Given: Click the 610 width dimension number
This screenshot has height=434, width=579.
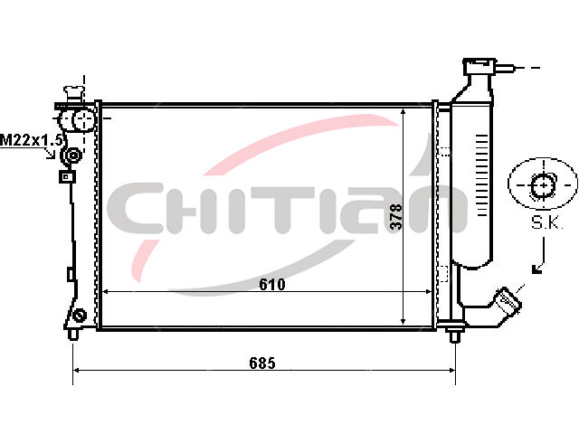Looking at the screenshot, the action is click(272, 284).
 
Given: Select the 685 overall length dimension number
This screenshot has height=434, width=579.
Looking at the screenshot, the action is click(262, 363).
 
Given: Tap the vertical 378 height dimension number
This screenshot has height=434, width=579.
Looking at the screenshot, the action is click(396, 216).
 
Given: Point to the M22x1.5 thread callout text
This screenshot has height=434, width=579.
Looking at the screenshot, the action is click(31, 140).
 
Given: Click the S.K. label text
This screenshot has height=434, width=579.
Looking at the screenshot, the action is click(546, 222).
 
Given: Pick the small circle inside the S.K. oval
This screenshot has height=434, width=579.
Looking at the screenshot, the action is click(543, 185).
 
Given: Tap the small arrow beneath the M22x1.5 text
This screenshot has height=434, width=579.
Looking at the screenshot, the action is click(51, 154).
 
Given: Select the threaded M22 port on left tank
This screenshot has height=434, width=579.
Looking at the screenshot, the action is click(72, 156).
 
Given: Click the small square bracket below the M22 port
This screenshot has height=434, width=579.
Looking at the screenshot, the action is click(67, 177).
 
